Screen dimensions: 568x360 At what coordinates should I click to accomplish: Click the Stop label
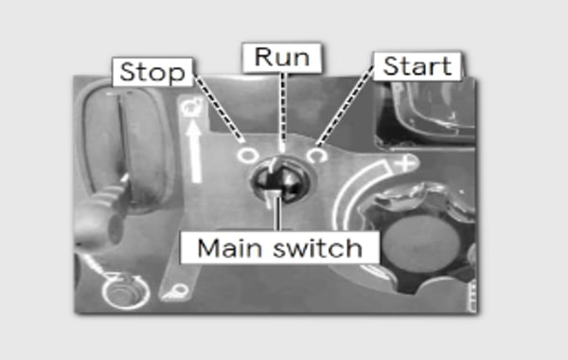(x=153, y=72)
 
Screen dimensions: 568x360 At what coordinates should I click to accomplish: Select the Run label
(x=280, y=57)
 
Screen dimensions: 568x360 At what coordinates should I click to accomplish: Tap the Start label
(x=416, y=66)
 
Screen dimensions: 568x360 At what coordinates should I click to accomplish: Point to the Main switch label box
(x=280, y=248)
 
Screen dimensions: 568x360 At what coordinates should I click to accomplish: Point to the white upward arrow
(x=196, y=148)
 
